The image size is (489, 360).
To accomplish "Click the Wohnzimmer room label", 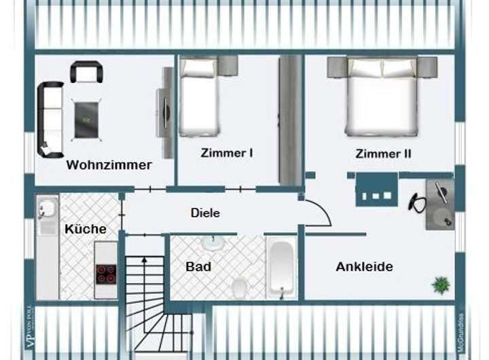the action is click(x=109, y=165).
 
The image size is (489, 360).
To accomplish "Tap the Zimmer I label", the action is click(x=227, y=154).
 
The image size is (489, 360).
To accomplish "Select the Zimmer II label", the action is click(x=383, y=154).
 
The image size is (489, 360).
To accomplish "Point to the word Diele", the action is click(x=205, y=213).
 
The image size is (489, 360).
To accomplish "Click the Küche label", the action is click(x=86, y=229).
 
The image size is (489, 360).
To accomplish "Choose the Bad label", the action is click(x=198, y=266).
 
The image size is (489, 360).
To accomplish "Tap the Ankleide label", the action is click(x=364, y=267).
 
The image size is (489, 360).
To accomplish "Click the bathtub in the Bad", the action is click(x=281, y=268).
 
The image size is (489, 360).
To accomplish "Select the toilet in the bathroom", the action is click(x=240, y=287).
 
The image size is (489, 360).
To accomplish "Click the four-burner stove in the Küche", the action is click(x=105, y=273).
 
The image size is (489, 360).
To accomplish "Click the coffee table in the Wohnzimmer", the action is click(x=86, y=120).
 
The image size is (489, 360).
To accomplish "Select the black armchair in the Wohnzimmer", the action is click(x=86, y=71).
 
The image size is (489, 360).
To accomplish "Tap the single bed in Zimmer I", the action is click(x=200, y=97).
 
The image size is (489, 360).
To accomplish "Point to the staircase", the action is click(x=152, y=299).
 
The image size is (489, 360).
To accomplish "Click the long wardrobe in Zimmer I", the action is click(x=291, y=120).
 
